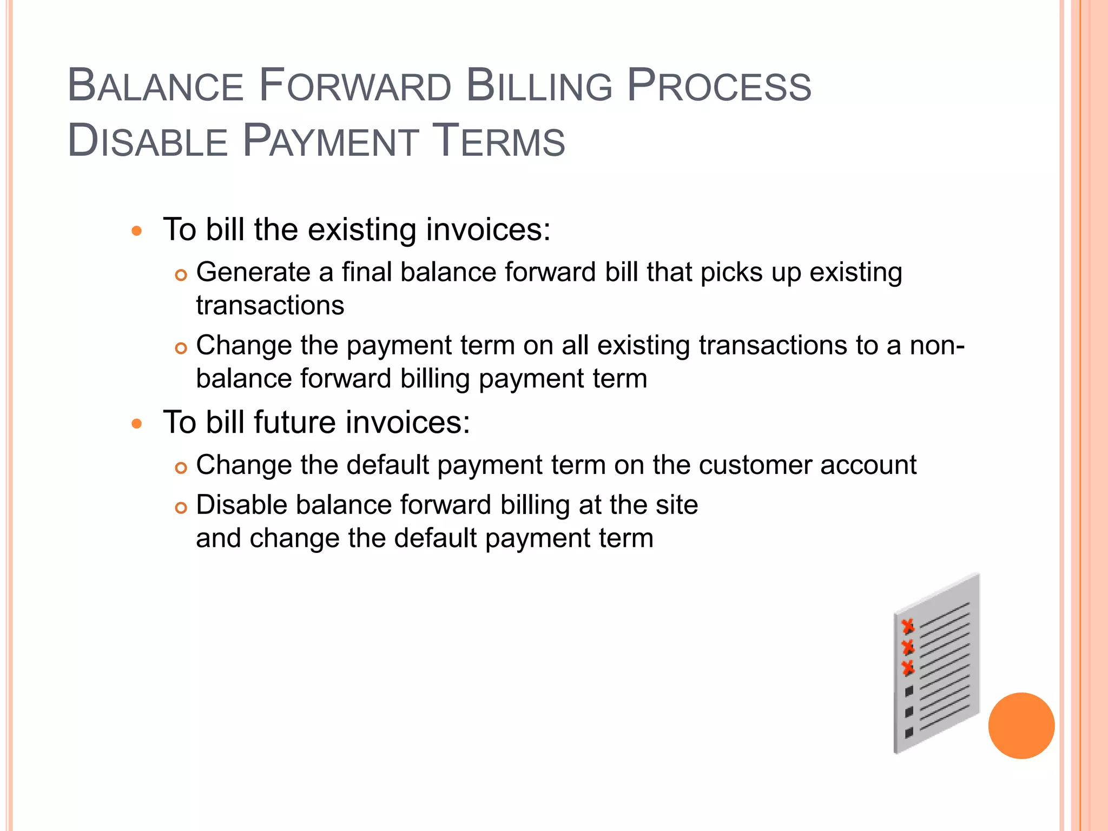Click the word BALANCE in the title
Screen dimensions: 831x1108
click(x=156, y=87)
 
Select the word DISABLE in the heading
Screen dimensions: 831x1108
click(x=147, y=142)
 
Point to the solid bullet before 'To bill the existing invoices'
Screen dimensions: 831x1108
click(x=137, y=232)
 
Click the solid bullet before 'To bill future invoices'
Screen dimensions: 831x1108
click(x=137, y=424)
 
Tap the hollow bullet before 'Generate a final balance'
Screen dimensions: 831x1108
click(x=181, y=275)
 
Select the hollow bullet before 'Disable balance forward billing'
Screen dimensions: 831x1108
click(x=181, y=507)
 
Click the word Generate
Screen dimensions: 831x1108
click(x=253, y=272)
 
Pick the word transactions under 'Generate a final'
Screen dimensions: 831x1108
click(x=270, y=306)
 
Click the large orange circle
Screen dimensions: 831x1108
click(x=1021, y=726)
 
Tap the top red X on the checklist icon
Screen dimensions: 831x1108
click(x=908, y=626)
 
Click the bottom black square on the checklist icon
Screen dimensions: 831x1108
click(x=909, y=733)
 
